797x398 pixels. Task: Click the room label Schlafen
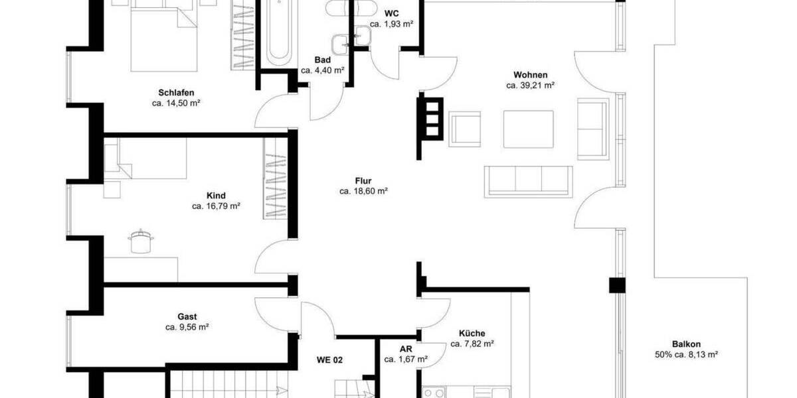(x=177, y=92)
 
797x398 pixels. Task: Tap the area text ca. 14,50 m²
(x=177, y=103)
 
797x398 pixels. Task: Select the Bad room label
(x=323, y=60)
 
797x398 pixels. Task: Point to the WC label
(x=391, y=13)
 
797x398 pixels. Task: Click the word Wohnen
(x=530, y=74)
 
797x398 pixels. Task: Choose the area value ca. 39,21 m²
(x=530, y=85)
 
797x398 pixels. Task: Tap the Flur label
(x=363, y=180)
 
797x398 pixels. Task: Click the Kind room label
(x=216, y=196)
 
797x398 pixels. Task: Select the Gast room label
(x=187, y=317)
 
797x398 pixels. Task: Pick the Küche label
(x=472, y=333)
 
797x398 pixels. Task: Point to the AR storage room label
(x=406, y=349)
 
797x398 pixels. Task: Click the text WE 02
(x=329, y=360)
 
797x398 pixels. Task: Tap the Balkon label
(x=686, y=344)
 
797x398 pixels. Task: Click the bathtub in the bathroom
(x=278, y=33)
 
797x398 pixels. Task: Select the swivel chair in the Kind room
(x=139, y=241)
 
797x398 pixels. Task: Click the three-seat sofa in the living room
(x=529, y=181)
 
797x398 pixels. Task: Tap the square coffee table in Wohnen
(x=529, y=129)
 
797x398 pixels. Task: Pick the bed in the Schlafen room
(x=165, y=36)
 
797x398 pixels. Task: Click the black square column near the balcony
(x=618, y=285)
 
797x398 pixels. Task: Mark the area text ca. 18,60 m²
(x=363, y=191)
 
